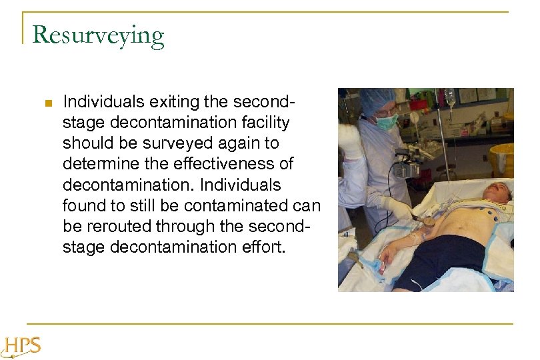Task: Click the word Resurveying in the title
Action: (x=98, y=35)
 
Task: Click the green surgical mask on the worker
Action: (x=387, y=122)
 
